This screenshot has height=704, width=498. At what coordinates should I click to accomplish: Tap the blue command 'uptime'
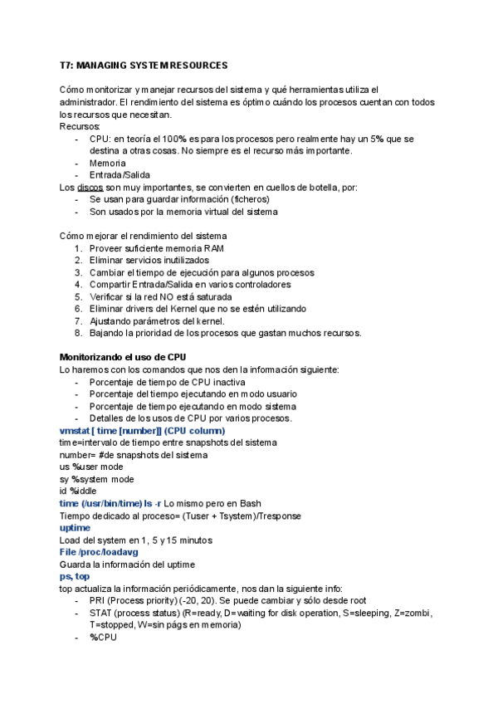(x=76, y=527)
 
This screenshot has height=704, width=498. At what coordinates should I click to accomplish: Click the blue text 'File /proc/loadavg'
(x=98, y=551)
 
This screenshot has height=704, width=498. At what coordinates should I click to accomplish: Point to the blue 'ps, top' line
(x=76, y=575)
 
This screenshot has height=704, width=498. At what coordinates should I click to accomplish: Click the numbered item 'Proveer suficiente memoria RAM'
(x=156, y=248)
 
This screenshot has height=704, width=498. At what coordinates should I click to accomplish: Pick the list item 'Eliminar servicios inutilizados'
(x=149, y=260)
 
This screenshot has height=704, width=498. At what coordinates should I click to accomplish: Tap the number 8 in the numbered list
(x=78, y=333)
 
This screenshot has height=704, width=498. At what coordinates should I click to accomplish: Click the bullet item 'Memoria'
(x=108, y=163)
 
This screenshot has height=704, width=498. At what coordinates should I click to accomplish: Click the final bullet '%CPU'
(x=103, y=637)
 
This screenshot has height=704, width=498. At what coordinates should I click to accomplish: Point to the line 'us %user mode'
(x=92, y=467)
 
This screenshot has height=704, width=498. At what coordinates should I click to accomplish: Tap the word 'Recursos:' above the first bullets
(x=81, y=126)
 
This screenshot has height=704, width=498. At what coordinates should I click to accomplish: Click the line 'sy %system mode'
(x=97, y=479)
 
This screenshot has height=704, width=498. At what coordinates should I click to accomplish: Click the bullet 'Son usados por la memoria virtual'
(x=183, y=212)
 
